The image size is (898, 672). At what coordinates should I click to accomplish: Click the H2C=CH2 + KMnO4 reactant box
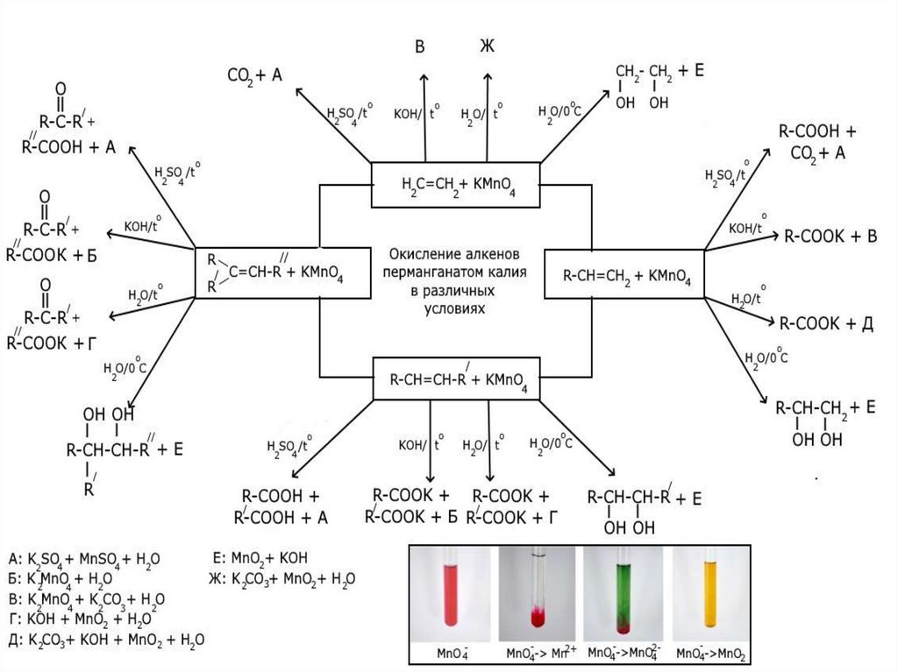point(454,185)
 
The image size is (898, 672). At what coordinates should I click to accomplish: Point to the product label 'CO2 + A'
point(254,76)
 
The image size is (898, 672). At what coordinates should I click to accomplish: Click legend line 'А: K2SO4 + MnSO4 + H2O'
point(84,559)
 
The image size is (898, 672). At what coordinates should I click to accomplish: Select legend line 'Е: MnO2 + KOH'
point(260,558)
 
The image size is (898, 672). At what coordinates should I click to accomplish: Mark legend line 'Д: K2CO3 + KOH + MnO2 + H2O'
point(105,640)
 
